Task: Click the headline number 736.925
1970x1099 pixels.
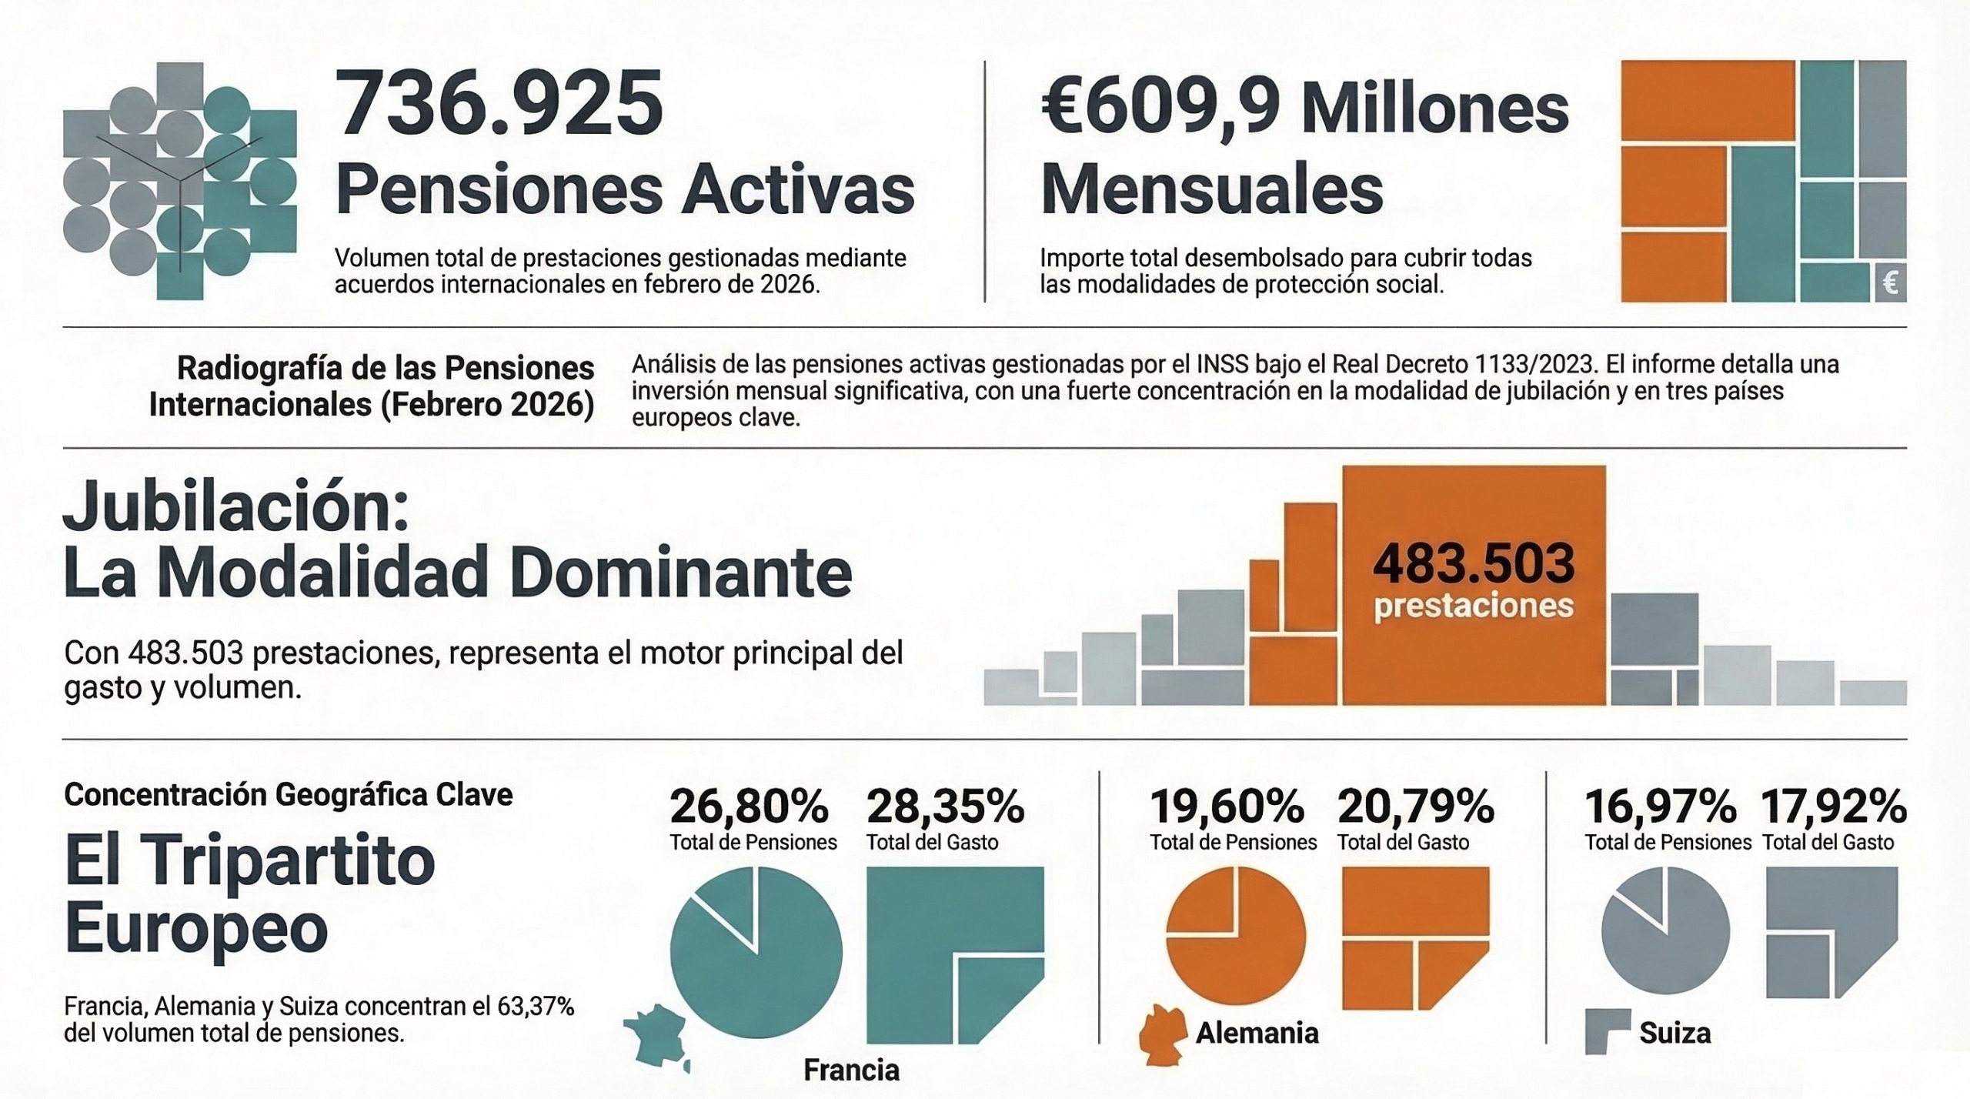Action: point(499,103)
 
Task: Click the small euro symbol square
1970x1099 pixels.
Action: point(1890,282)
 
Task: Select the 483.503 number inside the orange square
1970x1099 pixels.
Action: point(1474,563)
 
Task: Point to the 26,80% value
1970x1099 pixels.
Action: point(749,807)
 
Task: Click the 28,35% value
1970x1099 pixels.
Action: point(946,807)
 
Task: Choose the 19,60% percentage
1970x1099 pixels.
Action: point(1227,807)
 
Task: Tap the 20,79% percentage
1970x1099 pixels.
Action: point(1416,807)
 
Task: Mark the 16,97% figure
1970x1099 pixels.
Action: point(1661,807)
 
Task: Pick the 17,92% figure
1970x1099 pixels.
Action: point(1834,807)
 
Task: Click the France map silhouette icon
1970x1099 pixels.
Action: point(656,1036)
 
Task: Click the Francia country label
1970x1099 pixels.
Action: point(851,1070)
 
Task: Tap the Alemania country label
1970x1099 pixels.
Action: point(1257,1033)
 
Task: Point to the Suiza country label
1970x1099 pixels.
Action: point(1674,1033)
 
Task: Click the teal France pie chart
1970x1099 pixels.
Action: point(756,953)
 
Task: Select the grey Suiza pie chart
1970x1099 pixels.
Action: point(1665,932)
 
